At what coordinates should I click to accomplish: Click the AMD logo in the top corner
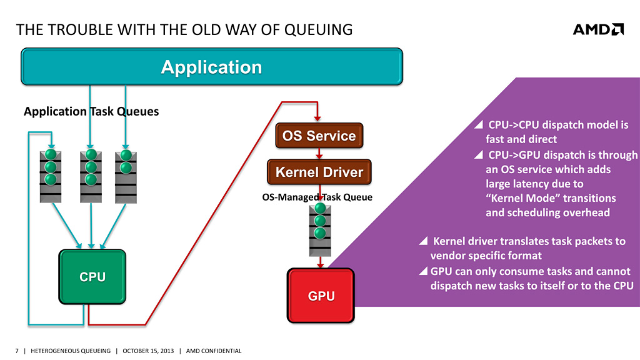click(598, 29)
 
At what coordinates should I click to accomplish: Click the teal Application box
click(212, 67)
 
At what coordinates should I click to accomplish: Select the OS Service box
click(319, 136)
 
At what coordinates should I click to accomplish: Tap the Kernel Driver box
click(319, 172)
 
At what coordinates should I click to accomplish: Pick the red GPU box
click(321, 296)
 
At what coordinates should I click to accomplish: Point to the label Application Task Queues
click(91, 111)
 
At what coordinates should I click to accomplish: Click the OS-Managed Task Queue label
click(316, 197)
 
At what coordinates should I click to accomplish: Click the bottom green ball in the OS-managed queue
click(320, 233)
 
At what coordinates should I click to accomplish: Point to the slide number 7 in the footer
click(16, 351)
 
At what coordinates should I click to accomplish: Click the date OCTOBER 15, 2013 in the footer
click(147, 351)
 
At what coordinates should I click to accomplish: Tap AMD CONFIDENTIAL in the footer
click(214, 351)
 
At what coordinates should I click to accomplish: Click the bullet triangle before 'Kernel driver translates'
click(423, 241)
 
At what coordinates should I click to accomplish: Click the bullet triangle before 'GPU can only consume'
click(423, 271)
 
